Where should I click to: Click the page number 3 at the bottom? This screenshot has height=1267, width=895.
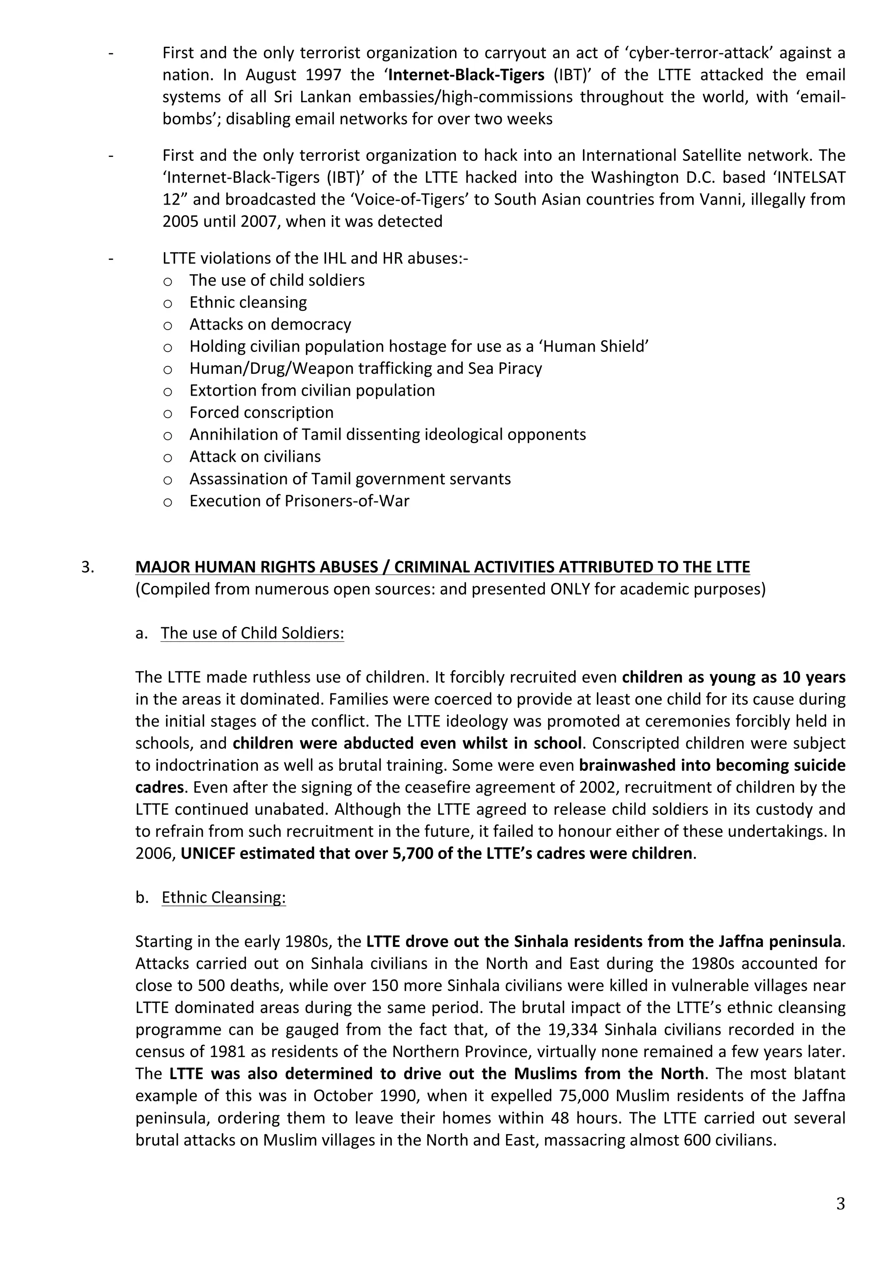840,1203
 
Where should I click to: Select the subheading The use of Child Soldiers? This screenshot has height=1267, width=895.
252,633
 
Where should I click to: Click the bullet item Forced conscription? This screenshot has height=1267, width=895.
261,413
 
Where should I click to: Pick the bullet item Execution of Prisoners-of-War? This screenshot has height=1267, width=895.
299,501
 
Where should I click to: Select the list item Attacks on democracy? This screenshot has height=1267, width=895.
270,324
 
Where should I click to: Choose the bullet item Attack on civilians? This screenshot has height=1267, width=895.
255,457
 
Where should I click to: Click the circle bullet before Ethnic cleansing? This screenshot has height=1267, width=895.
168,303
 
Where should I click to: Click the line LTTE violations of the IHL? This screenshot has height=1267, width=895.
314,258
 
